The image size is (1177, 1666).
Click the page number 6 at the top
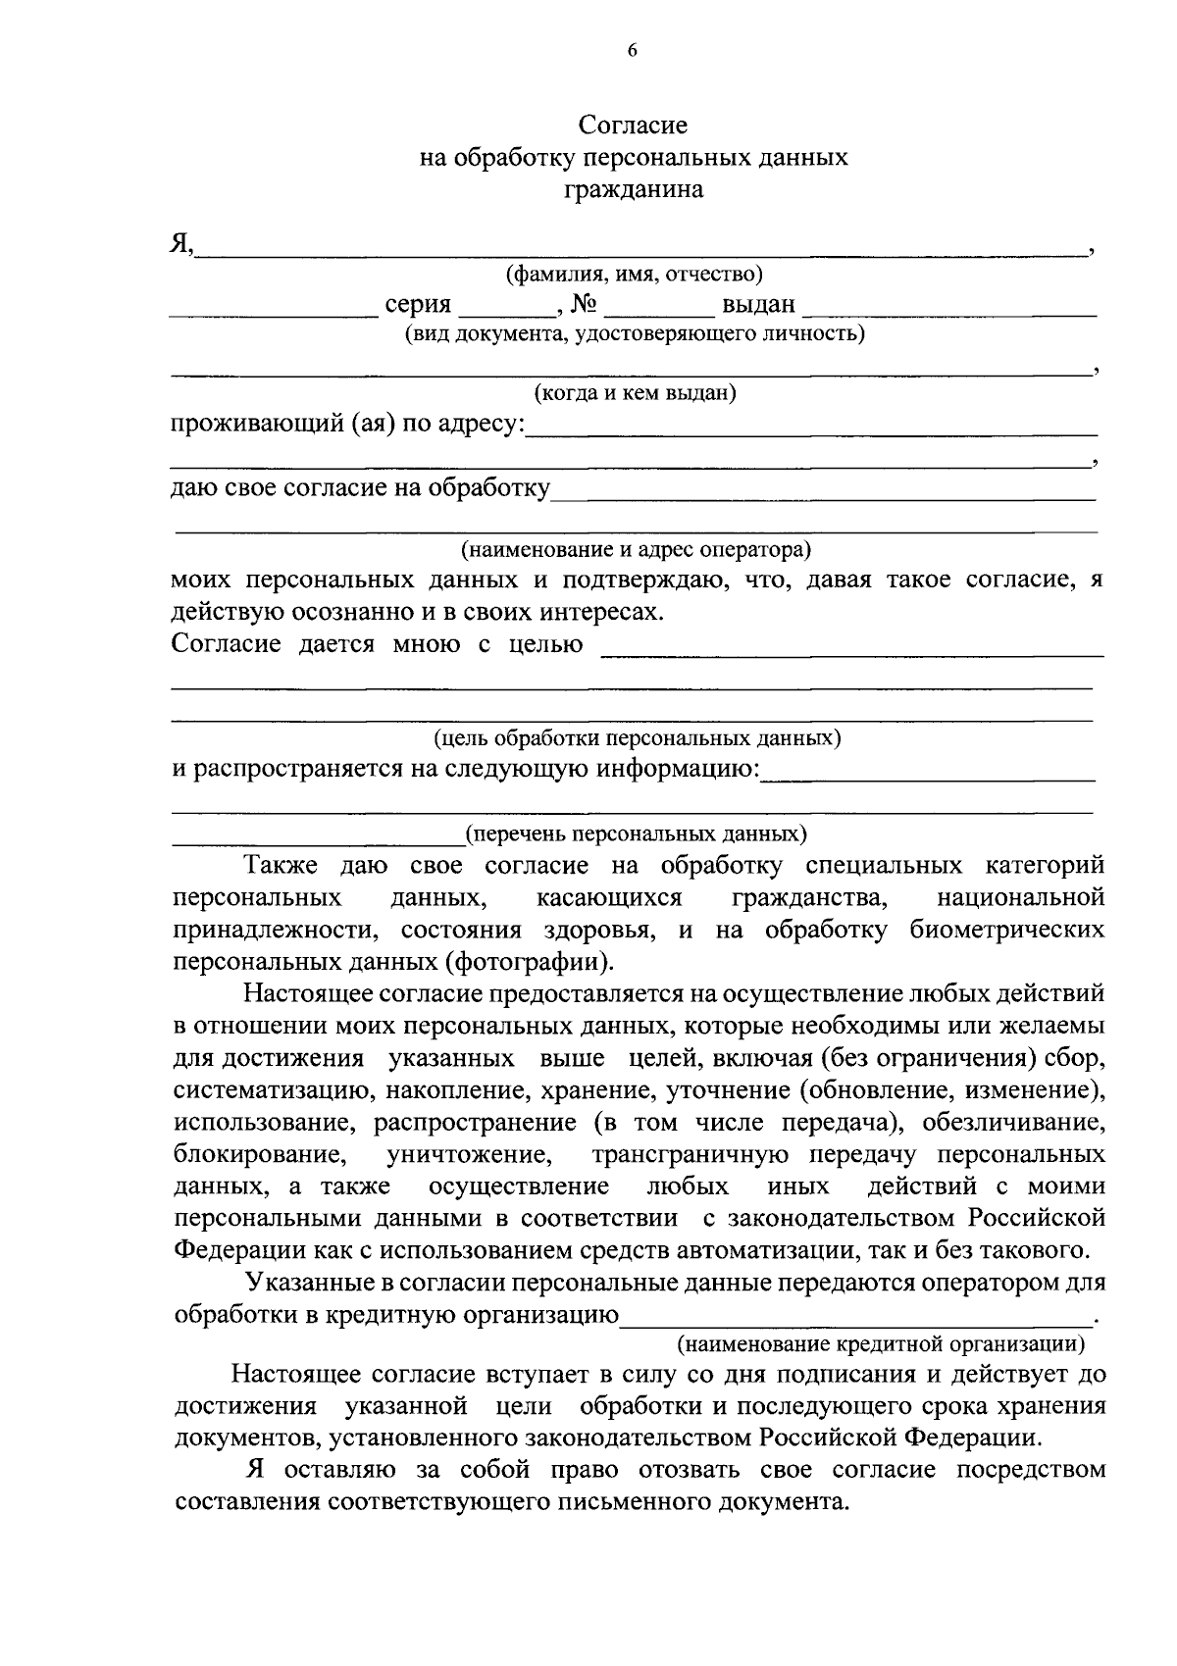[x=633, y=52]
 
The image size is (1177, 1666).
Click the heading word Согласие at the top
[x=633, y=126]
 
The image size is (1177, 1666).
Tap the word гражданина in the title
[x=633, y=190]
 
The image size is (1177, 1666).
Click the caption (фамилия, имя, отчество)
[x=634, y=275]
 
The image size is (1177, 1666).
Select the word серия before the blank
[x=418, y=305]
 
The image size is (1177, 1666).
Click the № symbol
[x=584, y=305]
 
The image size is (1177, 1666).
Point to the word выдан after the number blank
[x=758, y=305]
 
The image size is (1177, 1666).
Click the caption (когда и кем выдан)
[x=635, y=394]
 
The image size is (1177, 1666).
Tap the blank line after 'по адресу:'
[x=811, y=431]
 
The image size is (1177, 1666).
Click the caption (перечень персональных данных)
[x=637, y=834]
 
